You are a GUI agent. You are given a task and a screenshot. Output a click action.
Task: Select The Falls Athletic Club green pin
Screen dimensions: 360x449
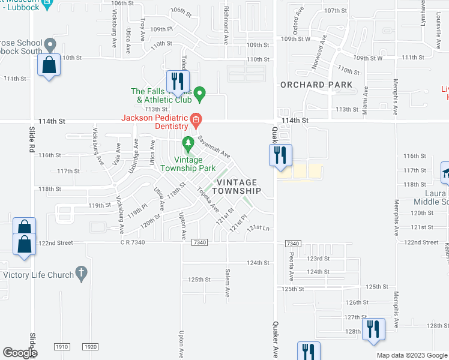(x=202, y=93)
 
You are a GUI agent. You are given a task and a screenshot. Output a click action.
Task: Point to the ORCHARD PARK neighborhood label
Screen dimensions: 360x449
(x=316, y=85)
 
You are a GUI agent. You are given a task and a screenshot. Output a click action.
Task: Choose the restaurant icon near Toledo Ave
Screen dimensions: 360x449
(x=177, y=81)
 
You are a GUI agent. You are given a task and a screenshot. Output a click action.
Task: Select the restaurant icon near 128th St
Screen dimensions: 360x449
(x=373, y=329)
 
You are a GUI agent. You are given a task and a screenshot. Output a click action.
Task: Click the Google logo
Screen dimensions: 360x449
(x=19, y=353)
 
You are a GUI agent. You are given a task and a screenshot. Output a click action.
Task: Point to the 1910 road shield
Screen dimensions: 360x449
(x=62, y=347)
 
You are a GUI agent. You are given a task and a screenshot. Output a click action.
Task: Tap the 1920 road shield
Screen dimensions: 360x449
(x=90, y=347)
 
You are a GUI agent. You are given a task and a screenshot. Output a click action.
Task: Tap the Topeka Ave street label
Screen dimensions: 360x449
(x=208, y=200)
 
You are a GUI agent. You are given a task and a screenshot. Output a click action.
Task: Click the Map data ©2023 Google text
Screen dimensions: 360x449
(x=411, y=355)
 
